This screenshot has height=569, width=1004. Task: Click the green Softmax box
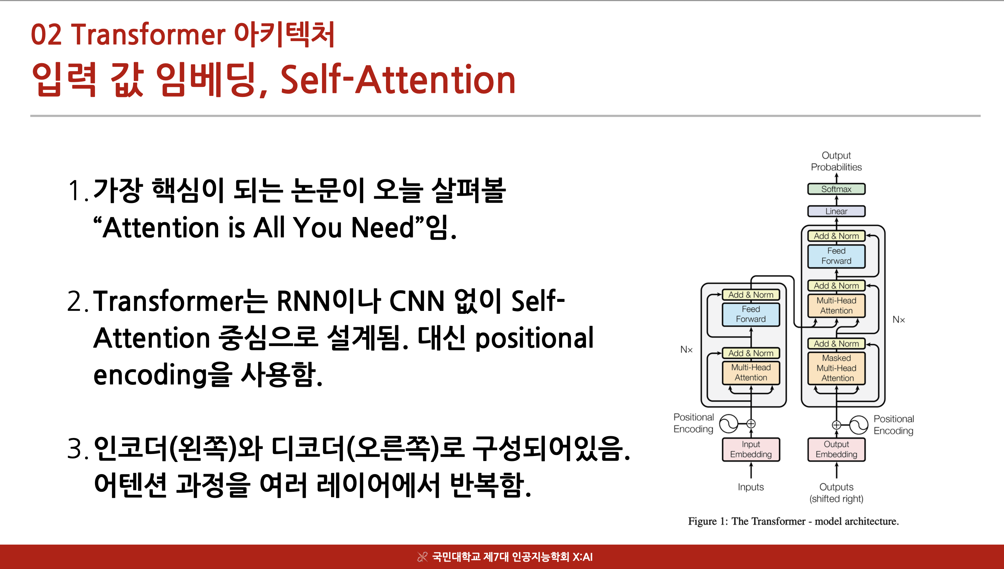point(836,189)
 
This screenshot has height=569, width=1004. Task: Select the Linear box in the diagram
point(836,211)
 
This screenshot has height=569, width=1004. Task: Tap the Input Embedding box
point(750,449)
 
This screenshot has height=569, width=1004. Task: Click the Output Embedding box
point(836,449)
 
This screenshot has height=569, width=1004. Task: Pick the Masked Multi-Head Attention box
point(836,368)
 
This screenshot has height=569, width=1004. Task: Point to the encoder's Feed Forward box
point(750,314)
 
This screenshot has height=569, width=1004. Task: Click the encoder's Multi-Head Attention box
point(750,372)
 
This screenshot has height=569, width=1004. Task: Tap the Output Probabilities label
point(836,161)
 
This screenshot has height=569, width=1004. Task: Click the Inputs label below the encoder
point(750,487)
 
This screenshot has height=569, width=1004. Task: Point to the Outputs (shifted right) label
point(836,493)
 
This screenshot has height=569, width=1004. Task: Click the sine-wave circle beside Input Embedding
point(729,424)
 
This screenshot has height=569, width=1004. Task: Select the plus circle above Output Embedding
point(836,425)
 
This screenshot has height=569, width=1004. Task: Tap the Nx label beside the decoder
point(898,320)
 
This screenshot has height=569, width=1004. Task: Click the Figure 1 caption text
point(793,521)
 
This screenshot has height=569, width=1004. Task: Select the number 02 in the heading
point(46,35)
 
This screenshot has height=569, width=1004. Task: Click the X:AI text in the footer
point(583,557)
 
